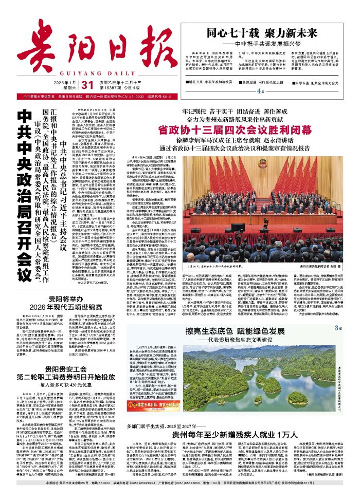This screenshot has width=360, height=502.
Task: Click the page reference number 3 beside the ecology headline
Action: click(x=339, y=328)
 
